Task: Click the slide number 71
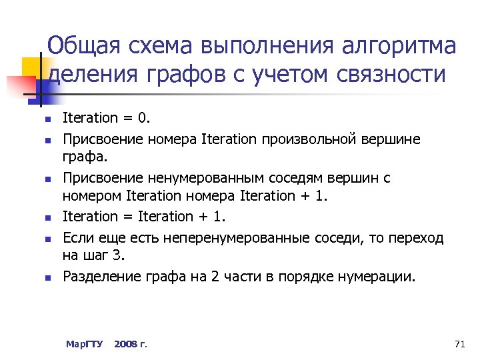(x=458, y=344)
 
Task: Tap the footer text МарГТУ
(x=84, y=344)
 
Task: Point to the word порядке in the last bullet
(x=319, y=276)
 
